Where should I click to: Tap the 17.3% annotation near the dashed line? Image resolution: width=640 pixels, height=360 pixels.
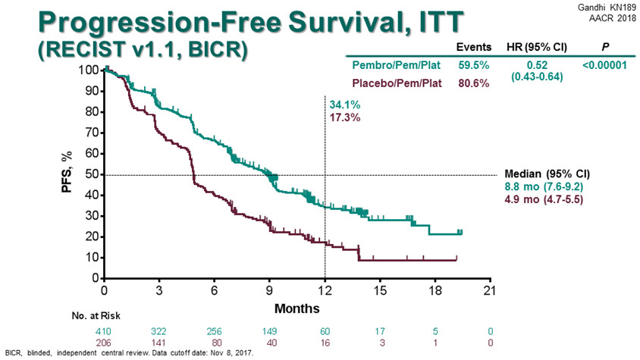coord(344,118)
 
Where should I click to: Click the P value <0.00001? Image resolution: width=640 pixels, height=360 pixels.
coord(604,65)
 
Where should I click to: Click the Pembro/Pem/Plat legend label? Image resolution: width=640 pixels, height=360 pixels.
coord(394,65)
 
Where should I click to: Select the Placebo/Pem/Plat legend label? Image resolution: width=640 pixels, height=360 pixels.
coord(395,82)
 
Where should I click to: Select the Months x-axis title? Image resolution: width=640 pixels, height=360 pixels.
coord(296,308)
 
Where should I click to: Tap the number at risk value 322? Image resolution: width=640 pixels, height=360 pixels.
coord(159,331)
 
